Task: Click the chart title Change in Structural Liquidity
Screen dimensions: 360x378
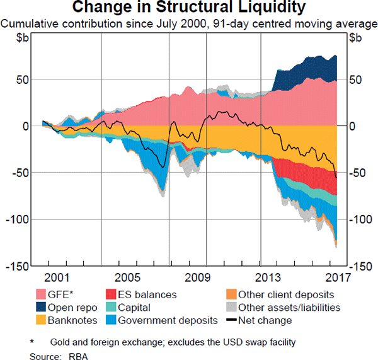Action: click(189, 8)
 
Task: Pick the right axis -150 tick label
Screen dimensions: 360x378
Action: click(361, 266)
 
